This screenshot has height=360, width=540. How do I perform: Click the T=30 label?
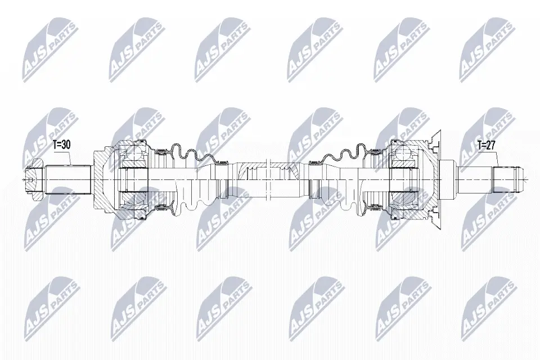click(x=62, y=145)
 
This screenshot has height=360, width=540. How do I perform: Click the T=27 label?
click(x=486, y=145)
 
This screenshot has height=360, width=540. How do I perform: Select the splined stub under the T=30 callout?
click(x=68, y=179)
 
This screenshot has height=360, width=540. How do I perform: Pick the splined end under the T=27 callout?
click(x=507, y=179)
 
